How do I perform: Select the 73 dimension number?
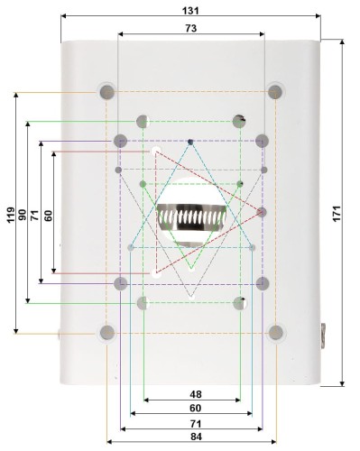pos(191,28)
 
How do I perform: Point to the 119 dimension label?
pos(9,214)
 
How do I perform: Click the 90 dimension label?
pos(22,214)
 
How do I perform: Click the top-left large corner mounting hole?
pos(107,92)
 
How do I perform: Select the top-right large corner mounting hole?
pos(275,92)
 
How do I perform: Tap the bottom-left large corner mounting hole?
pos(107,334)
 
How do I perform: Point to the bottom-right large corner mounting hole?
pos(275,334)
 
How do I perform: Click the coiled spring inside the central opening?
pos(191,217)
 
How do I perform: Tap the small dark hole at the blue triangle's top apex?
pos(190,142)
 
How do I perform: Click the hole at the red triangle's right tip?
pos(262,212)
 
